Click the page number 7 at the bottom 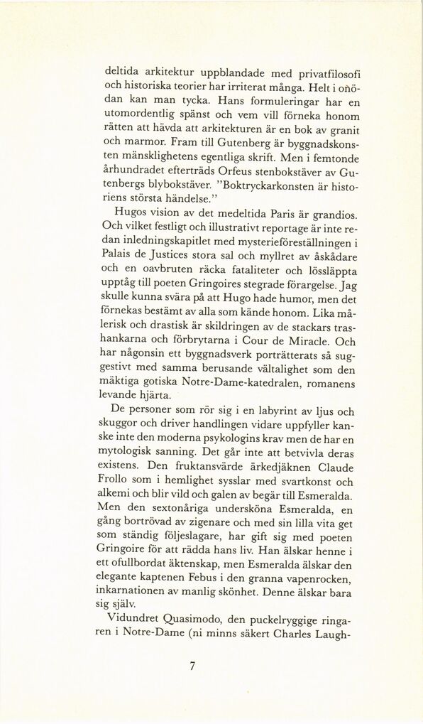coord(192,666)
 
